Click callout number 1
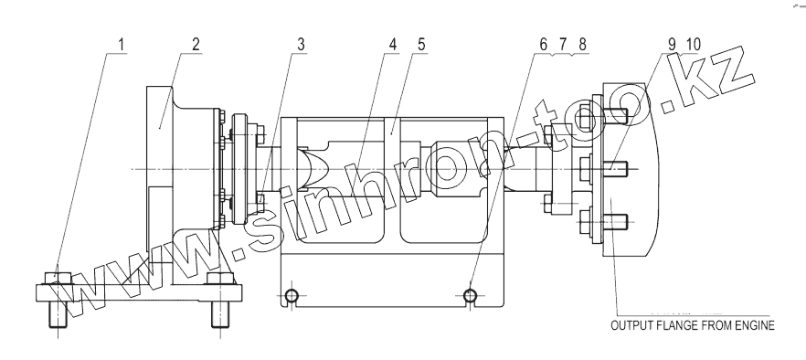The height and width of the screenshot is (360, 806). tap(121, 45)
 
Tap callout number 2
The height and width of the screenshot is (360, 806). tap(196, 45)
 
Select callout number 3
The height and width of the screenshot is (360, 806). tap(301, 45)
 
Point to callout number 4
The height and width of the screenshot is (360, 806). tap(393, 45)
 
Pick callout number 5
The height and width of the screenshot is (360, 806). tap(421, 45)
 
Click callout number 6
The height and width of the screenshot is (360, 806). tap(544, 45)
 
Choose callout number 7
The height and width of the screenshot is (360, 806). tap(562, 45)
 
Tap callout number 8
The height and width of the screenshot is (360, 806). tap(582, 45)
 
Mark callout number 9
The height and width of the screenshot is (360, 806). tap(672, 45)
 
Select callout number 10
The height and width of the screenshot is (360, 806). tap(692, 45)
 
